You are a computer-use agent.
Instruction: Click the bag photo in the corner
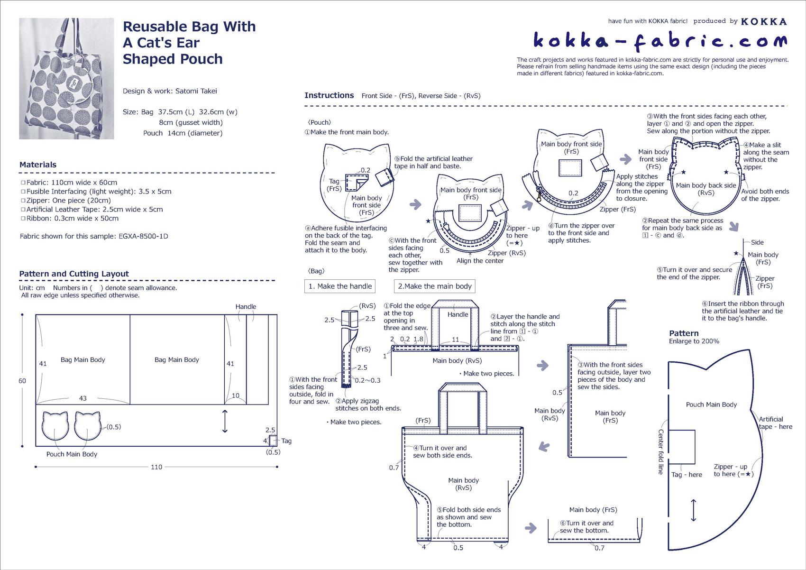[x=66, y=79]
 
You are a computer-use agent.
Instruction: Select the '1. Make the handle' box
[x=340, y=286]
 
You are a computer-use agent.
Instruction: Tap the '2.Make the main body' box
[x=434, y=286]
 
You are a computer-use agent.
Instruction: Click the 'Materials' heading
[x=38, y=165]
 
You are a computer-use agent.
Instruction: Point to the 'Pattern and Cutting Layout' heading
[x=74, y=274]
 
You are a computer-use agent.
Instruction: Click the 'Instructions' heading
[x=329, y=95]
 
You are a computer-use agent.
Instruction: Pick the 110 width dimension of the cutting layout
[x=156, y=467]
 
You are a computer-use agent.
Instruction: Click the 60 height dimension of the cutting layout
[x=22, y=381]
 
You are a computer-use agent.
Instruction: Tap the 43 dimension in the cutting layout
[x=83, y=398]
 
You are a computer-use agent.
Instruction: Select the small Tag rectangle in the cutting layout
[x=273, y=440]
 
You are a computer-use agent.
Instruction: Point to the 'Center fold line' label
[x=660, y=451]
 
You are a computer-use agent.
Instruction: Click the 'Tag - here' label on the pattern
[x=687, y=475]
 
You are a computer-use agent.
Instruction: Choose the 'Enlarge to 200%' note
[x=694, y=341]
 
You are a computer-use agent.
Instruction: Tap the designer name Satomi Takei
[x=196, y=91]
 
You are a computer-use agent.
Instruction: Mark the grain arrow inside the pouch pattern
[x=694, y=510]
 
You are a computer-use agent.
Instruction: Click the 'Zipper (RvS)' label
[x=506, y=253]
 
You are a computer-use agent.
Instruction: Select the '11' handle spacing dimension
[x=455, y=340]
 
